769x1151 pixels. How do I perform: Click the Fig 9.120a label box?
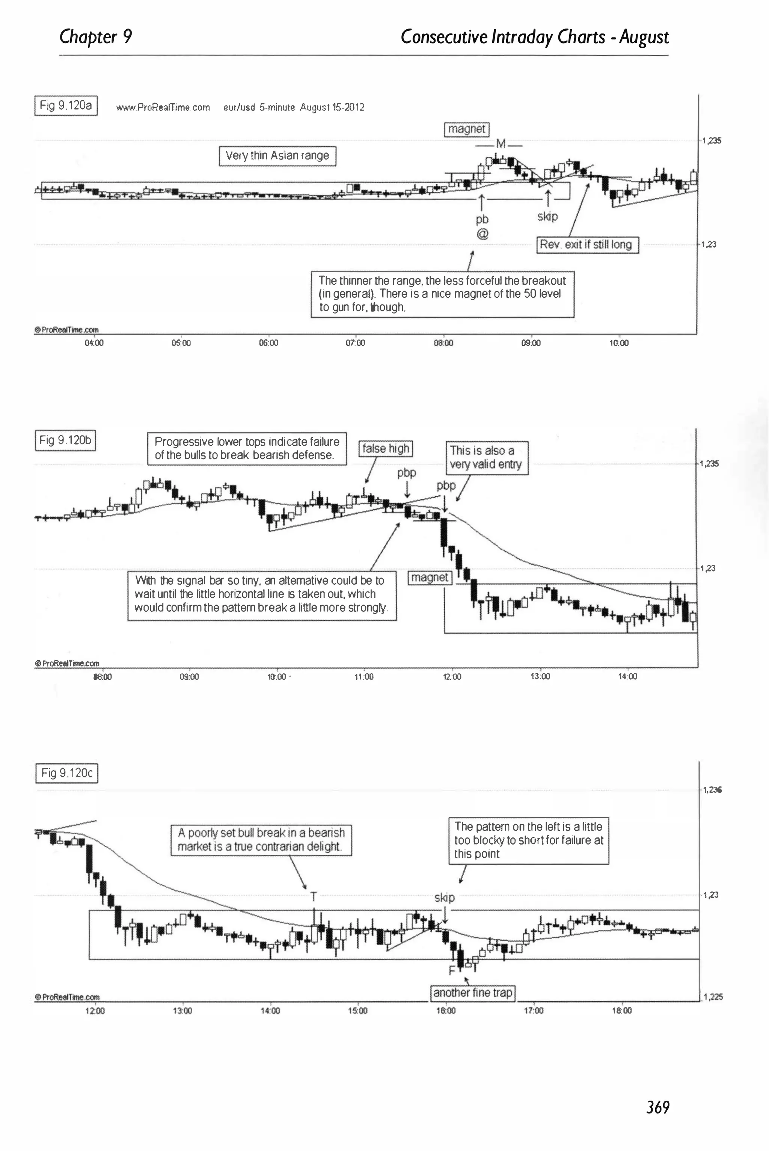(66, 106)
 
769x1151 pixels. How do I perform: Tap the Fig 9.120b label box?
(66, 440)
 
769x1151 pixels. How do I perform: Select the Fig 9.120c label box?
(67, 773)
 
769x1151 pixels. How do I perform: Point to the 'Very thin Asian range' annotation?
(277, 156)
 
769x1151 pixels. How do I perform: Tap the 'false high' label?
(386, 448)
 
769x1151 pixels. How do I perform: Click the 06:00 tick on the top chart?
(268, 343)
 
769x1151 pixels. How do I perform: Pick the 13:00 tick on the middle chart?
(540, 676)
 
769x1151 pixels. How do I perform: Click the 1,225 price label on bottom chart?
(713, 997)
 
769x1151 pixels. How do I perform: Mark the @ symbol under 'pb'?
(482, 234)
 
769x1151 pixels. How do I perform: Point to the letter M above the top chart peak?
(500, 144)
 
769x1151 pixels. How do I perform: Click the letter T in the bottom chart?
(314, 897)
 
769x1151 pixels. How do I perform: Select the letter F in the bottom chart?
(452, 970)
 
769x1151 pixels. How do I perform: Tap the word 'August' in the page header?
(644, 37)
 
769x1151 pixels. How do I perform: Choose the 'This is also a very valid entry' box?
(486, 457)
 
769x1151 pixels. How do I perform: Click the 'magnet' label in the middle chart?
(430, 577)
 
